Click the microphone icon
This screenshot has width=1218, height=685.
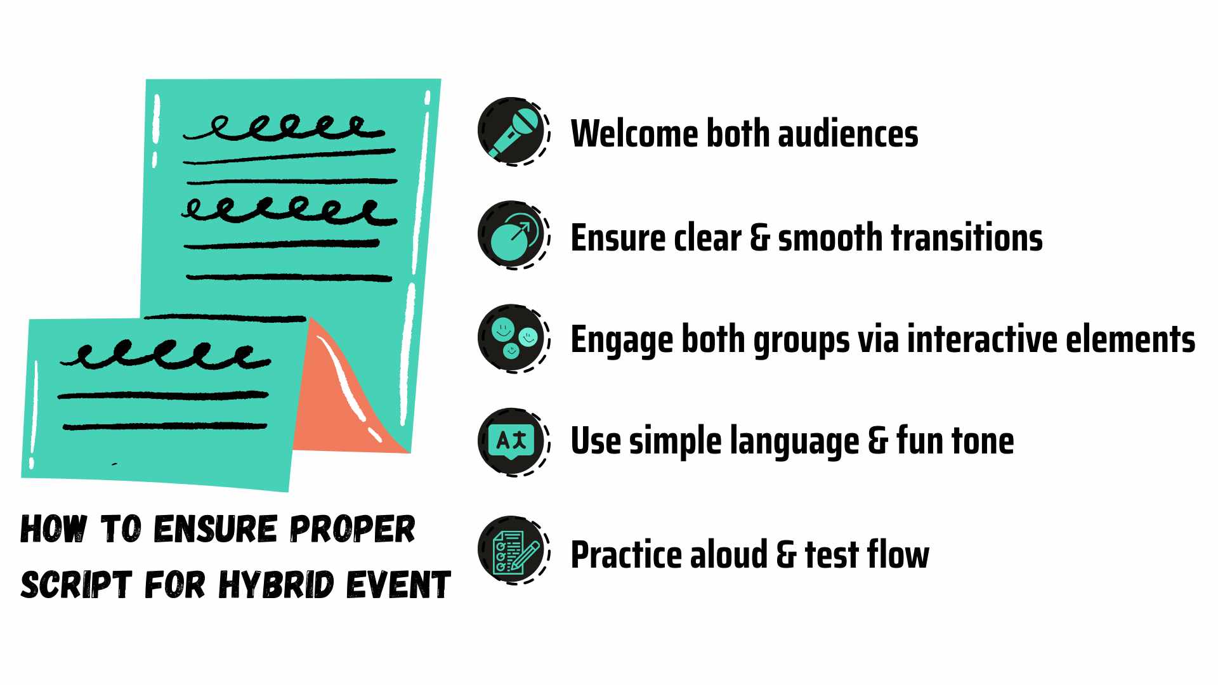(513, 131)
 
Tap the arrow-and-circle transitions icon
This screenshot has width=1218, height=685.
(513, 235)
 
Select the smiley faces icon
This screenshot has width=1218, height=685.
(513, 338)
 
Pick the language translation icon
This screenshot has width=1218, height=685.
(513, 441)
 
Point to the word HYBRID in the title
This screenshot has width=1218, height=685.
(276, 585)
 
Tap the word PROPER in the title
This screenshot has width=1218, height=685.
(352, 530)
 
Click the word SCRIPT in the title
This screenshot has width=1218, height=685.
(76, 585)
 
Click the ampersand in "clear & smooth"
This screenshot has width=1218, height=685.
(759, 238)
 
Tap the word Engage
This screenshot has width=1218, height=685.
(620, 341)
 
